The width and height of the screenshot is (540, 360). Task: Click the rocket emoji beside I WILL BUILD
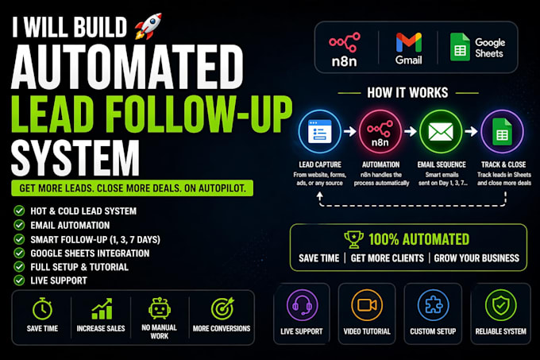coord(148,26)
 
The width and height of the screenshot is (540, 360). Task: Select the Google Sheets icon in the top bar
coord(460,47)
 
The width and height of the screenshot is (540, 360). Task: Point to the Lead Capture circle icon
coord(319,132)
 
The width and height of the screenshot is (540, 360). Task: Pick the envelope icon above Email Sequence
coord(441,132)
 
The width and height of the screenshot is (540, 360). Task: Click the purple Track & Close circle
coord(502,132)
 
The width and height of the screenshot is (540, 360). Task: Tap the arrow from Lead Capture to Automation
coord(350,131)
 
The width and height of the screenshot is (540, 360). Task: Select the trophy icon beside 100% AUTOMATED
coord(353,239)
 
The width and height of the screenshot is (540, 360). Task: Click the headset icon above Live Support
coord(302,305)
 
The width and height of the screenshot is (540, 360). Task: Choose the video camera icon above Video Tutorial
coord(367,305)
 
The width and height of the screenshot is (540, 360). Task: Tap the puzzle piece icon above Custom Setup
coord(433,305)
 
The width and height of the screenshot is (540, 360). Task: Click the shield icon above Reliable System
coord(501,305)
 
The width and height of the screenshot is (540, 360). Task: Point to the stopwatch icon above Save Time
coord(42,308)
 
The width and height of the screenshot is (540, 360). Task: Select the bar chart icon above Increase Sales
coord(102,308)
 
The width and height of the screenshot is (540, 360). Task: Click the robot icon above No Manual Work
coord(159,308)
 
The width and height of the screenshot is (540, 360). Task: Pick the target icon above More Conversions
coord(222,308)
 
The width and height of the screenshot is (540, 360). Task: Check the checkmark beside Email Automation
coord(19,225)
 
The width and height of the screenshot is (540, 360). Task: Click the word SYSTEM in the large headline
coord(75,158)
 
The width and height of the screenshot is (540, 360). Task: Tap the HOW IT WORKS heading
coord(407,93)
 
